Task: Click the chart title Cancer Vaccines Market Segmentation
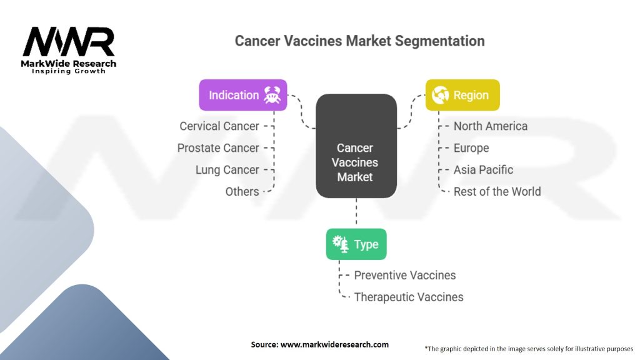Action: tap(359, 41)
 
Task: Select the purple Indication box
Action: tap(242, 95)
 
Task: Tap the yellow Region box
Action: tap(462, 95)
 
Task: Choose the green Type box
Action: tap(356, 244)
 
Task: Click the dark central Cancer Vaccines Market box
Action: tap(356, 162)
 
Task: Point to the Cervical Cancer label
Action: tap(219, 126)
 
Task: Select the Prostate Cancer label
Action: tap(217, 148)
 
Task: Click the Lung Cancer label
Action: tap(227, 170)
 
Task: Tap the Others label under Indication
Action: tap(242, 192)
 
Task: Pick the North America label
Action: tap(490, 126)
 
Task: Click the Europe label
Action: tap(471, 148)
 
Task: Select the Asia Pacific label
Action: tap(483, 170)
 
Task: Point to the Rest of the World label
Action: tap(497, 192)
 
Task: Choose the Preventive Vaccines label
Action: tap(404, 276)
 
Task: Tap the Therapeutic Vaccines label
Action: tap(408, 297)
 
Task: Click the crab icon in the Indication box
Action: tap(272, 95)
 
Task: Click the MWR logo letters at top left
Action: tap(69, 42)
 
